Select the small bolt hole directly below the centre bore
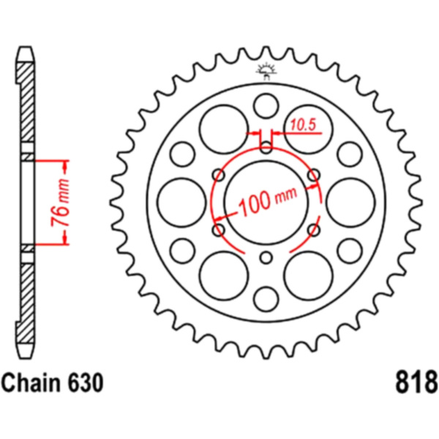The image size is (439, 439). (266, 256)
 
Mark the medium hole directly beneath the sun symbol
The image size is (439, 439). (266, 102)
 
